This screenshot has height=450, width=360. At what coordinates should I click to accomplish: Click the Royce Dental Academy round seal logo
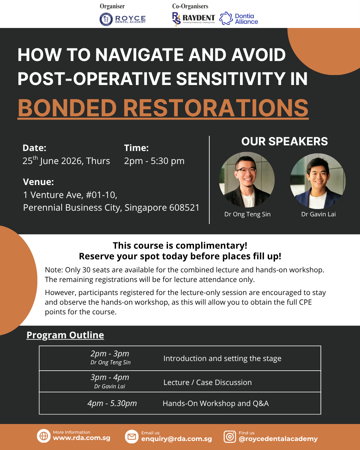click(106, 19)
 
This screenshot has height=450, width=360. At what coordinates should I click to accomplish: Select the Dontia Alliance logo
click(239, 19)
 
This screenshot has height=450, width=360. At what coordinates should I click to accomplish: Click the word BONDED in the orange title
click(67, 108)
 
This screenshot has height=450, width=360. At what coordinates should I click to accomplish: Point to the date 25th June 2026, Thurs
click(66, 161)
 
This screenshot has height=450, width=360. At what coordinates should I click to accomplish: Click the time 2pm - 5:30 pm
click(154, 161)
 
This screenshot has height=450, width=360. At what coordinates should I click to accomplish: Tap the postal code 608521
click(184, 207)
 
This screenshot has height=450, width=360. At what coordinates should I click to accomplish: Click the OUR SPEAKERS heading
click(284, 141)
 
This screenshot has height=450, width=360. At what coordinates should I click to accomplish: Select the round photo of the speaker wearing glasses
click(247, 180)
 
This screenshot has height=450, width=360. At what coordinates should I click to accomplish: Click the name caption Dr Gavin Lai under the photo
click(318, 214)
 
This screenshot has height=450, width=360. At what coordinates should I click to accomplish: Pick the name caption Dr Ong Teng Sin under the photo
click(247, 214)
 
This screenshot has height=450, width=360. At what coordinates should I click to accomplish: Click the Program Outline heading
click(65, 335)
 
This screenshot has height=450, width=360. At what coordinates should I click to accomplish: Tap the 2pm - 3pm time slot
click(110, 354)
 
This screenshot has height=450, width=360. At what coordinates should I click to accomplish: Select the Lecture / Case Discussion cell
click(208, 382)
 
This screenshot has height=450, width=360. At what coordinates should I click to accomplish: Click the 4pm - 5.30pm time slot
click(112, 403)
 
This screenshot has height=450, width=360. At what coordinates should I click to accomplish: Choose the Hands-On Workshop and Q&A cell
click(216, 403)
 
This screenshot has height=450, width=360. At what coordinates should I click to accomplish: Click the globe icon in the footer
click(44, 436)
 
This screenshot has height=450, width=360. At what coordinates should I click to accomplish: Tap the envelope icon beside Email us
click(132, 437)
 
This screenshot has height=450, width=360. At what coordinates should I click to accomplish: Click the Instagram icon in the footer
click(230, 437)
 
